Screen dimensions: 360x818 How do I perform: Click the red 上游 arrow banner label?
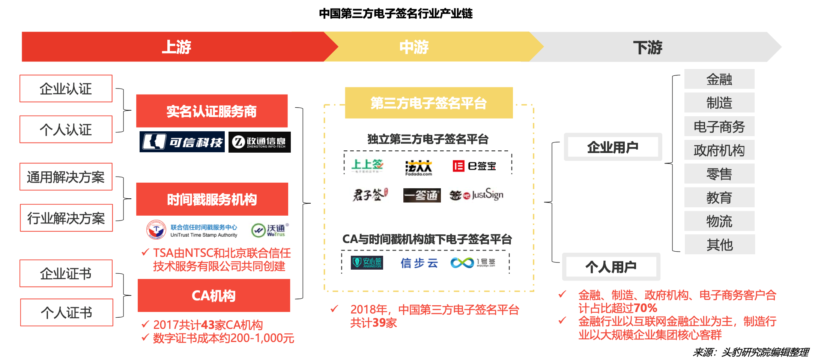(176, 47)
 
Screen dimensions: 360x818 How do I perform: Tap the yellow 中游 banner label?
(414, 47)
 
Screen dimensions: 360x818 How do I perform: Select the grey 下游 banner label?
(648, 48)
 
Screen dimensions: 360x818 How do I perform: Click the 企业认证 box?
(66, 89)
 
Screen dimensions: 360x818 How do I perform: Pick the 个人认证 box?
(66, 130)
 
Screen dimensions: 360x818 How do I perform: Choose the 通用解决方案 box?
(66, 177)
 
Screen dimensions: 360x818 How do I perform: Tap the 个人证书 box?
(67, 313)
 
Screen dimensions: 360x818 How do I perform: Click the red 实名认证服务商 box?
(212, 111)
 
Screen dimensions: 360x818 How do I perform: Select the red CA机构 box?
(214, 296)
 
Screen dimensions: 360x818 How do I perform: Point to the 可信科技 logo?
(182, 142)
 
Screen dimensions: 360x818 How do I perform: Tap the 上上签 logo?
(367, 165)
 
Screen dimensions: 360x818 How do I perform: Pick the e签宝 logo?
(474, 166)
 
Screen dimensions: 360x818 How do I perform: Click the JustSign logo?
(477, 195)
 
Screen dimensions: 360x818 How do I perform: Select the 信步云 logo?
(419, 263)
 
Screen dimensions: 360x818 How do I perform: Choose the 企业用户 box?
(613, 147)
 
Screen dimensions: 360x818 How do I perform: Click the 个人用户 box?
(611, 267)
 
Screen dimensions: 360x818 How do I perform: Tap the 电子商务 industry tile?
(719, 127)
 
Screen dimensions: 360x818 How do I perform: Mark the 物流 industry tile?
(719, 221)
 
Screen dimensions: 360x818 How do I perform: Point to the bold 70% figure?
(645, 308)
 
